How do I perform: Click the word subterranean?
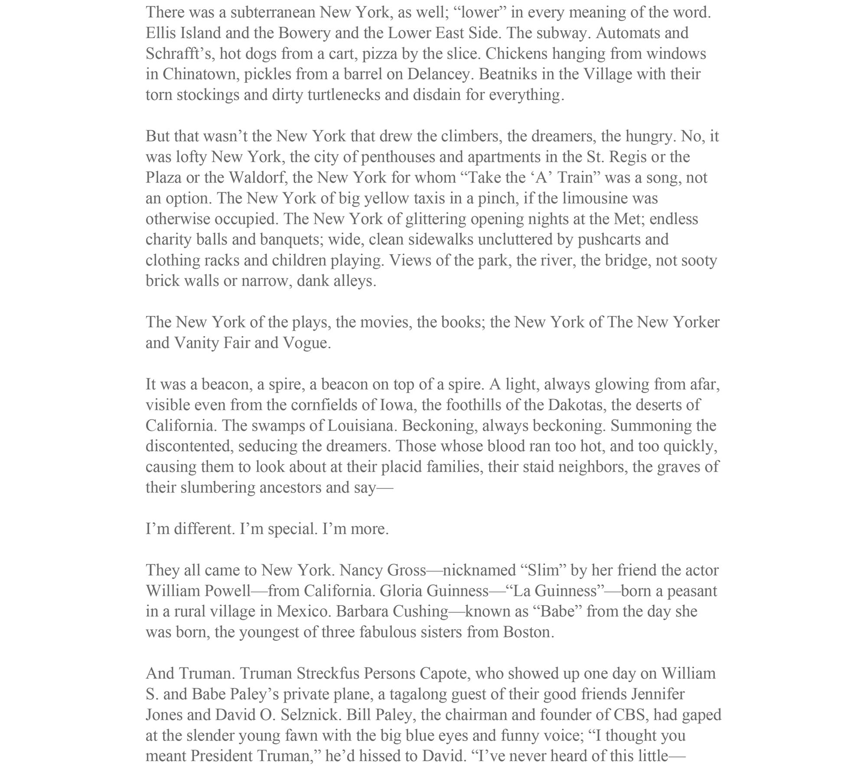click(x=272, y=13)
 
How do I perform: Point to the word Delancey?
click(x=438, y=74)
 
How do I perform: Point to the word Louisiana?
click(x=362, y=426)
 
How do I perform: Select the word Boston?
click(x=528, y=632)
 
